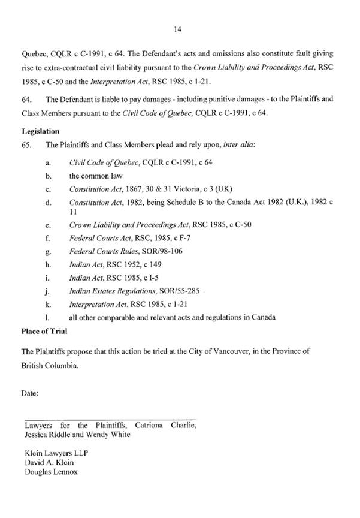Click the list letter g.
(x=47, y=252)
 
